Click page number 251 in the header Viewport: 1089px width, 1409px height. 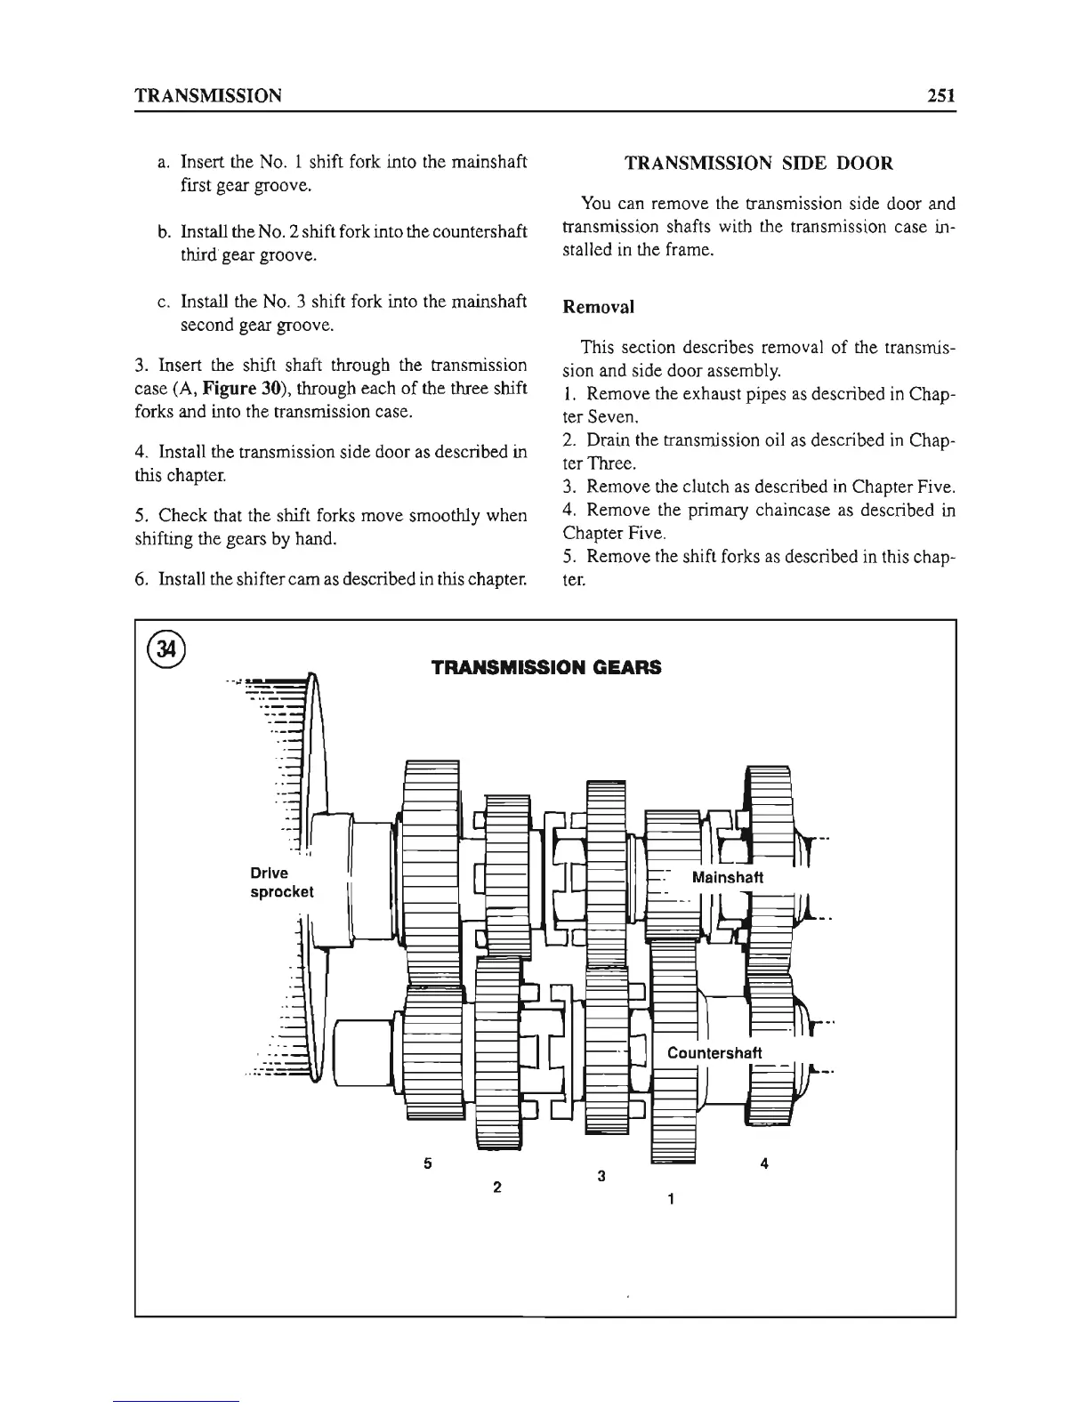tap(938, 95)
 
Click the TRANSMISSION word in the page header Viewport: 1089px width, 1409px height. tap(208, 95)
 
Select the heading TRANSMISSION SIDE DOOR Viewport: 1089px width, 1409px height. tap(759, 164)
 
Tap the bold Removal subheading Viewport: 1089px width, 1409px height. tap(599, 307)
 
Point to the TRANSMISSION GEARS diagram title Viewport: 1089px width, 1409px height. tap(545, 667)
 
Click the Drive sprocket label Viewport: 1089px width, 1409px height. tap(282, 882)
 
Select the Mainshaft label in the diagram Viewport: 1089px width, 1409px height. tap(727, 877)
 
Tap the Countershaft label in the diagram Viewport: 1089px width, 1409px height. tap(714, 1053)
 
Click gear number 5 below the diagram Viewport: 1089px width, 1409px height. tap(428, 1163)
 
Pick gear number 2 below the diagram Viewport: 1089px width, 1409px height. tap(496, 1187)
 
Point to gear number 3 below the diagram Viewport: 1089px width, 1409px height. tap(601, 1176)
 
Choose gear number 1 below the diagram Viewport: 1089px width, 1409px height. tap(670, 1199)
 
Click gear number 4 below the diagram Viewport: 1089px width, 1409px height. tap(765, 1163)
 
